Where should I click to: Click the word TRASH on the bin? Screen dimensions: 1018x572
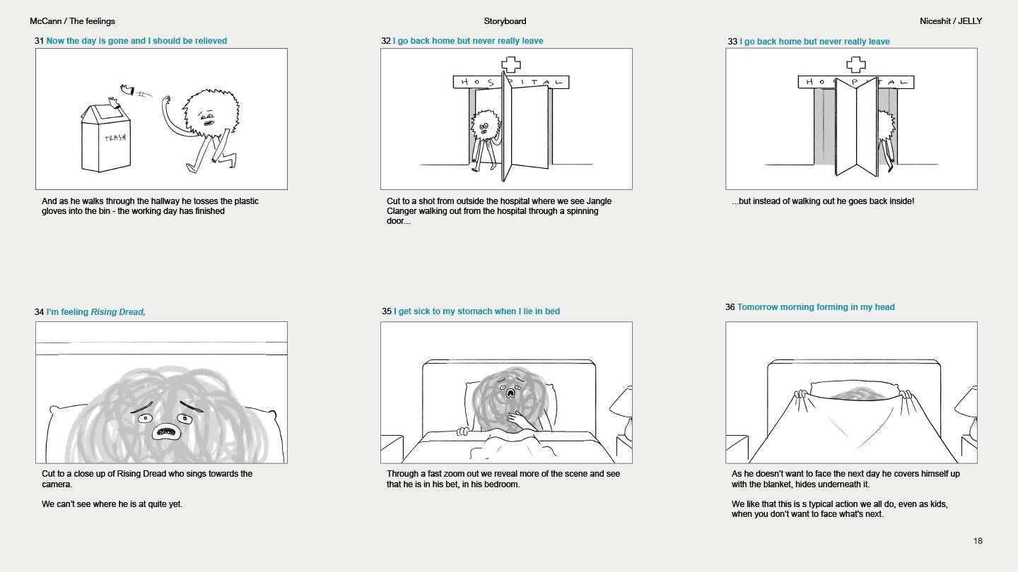[115, 138]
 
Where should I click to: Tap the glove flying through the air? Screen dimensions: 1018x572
[127, 90]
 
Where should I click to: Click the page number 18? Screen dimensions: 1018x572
[978, 541]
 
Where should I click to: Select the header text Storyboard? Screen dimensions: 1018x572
[505, 21]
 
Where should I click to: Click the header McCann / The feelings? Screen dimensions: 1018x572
[72, 21]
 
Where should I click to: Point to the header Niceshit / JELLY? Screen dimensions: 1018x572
[951, 21]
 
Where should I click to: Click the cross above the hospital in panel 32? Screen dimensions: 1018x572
[511, 65]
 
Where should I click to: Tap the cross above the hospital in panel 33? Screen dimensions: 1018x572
[855, 65]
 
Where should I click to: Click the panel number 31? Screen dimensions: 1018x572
[39, 41]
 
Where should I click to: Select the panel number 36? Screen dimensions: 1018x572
[730, 307]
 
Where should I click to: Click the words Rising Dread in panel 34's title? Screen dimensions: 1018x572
[117, 312]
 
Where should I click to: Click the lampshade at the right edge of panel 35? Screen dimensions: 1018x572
[621, 401]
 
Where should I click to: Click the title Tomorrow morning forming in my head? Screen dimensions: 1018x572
[816, 307]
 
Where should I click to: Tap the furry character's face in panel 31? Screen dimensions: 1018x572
[207, 118]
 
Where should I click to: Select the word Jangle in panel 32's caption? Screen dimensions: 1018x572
[599, 201]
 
